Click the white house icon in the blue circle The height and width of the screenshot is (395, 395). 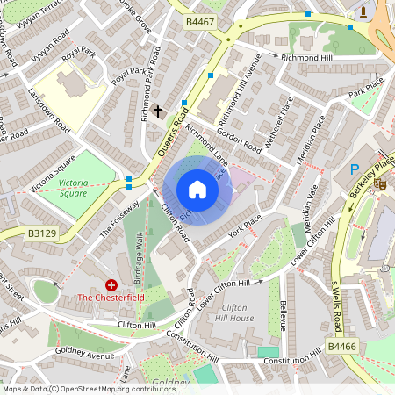tap(197, 190)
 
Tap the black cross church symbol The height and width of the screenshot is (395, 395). tap(158, 111)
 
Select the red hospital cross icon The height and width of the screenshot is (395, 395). tap(111, 284)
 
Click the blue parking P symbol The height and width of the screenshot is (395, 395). tap(355, 169)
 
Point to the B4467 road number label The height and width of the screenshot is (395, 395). tap(199, 20)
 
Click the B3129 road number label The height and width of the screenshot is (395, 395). tap(40, 233)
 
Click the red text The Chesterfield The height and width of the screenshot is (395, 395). tap(111, 298)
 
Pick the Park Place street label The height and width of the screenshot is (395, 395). tap(366, 87)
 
